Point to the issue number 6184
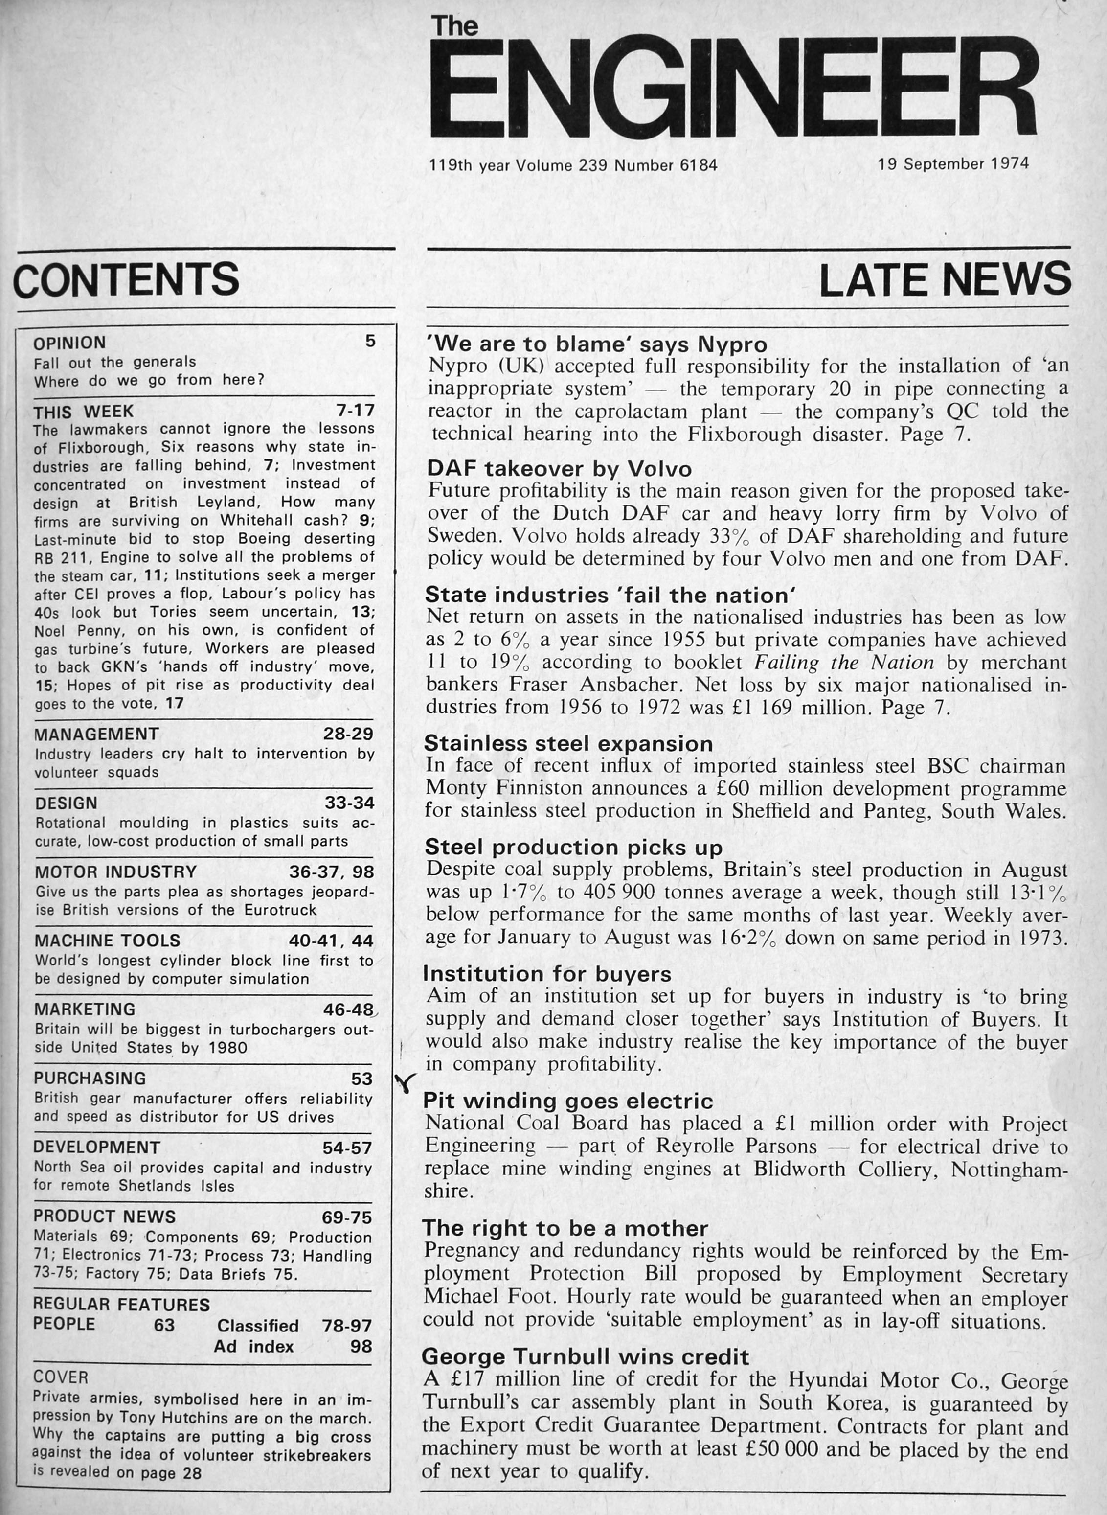[x=698, y=165]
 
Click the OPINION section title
[x=69, y=343]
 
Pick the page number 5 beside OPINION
[x=370, y=341]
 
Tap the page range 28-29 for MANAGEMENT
[x=348, y=734]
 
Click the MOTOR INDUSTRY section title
[x=116, y=872]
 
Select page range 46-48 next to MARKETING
[x=348, y=1010]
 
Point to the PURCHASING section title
[x=90, y=1078]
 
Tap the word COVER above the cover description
[x=60, y=1377]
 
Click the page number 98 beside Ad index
[x=361, y=1346]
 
